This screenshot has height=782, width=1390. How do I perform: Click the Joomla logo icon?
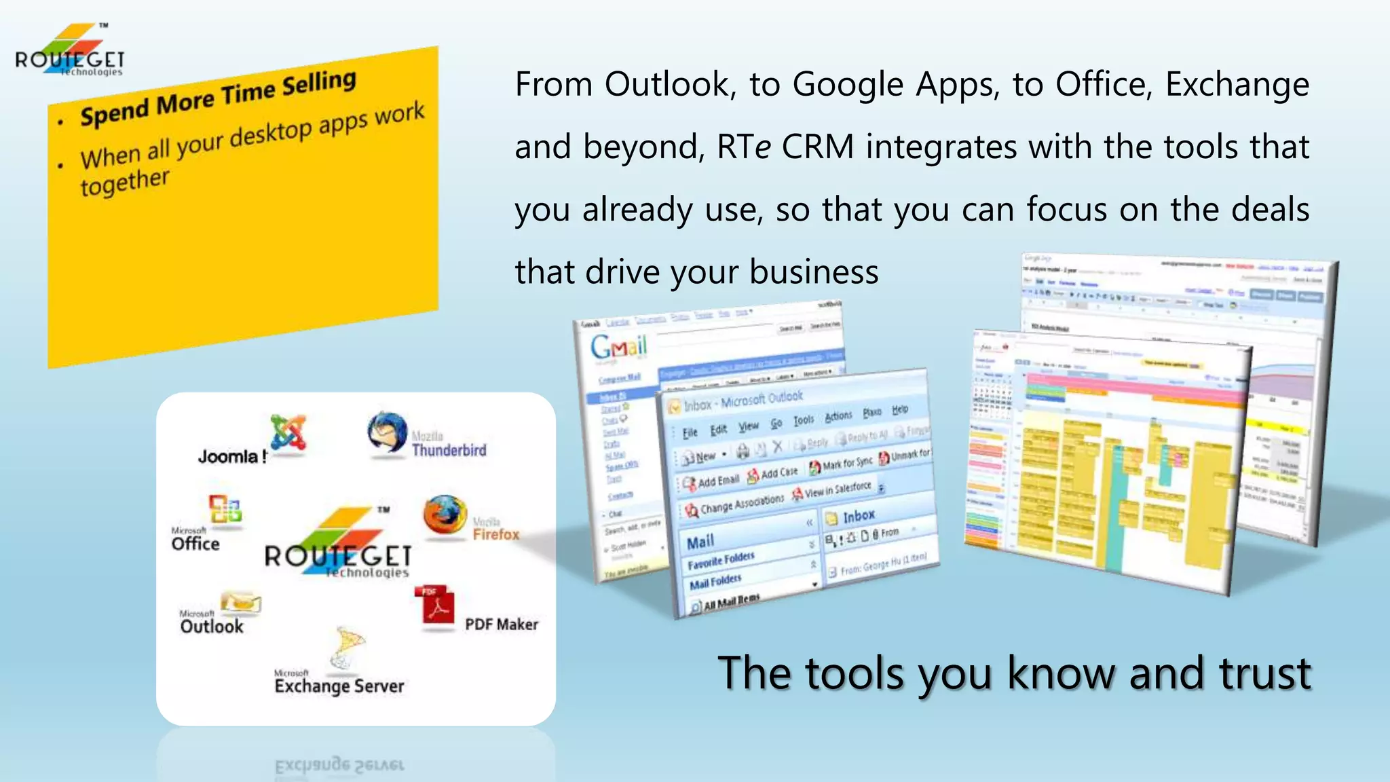click(288, 432)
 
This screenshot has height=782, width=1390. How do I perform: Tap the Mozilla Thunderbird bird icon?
click(387, 432)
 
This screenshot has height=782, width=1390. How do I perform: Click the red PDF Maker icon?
click(435, 605)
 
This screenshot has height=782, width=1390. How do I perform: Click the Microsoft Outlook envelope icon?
click(241, 601)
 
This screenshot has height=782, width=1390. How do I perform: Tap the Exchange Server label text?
click(339, 686)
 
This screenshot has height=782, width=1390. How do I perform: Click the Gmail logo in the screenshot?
click(618, 346)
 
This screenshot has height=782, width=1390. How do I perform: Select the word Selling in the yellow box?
click(319, 84)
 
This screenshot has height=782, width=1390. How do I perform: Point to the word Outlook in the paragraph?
click(667, 85)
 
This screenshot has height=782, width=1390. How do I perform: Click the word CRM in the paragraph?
click(817, 147)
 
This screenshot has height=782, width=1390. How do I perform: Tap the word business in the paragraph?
click(814, 272)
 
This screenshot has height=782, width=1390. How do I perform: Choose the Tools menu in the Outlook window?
click(804, 420)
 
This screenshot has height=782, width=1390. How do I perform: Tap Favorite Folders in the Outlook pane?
click(721, 561)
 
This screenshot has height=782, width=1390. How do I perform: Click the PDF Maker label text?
click(501, 625)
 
